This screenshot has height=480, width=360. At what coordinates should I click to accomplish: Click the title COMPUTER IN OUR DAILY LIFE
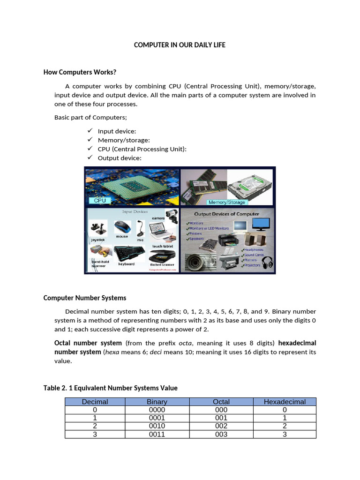180,45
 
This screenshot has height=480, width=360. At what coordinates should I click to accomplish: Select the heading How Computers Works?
80,72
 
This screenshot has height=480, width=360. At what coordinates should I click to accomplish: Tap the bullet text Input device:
117,131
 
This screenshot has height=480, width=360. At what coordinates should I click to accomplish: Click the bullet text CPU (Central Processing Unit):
142,149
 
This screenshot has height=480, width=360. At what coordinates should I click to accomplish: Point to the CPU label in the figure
100,200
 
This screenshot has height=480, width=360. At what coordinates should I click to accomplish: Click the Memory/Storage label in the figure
227,202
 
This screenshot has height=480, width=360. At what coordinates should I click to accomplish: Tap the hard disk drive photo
251,186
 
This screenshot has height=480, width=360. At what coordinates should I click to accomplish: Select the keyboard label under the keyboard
126,264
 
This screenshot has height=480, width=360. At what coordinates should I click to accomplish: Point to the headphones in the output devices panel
267,262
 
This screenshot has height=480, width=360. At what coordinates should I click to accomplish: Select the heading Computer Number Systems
85,298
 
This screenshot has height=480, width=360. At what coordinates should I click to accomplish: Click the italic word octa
186,343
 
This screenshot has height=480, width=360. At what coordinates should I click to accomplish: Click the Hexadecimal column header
285,402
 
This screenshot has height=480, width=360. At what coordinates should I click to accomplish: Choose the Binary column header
157,402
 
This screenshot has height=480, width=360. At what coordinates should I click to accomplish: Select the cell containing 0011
157,435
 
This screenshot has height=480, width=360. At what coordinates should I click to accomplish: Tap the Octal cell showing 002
221,426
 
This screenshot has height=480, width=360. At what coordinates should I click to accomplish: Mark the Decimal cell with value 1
95,418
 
